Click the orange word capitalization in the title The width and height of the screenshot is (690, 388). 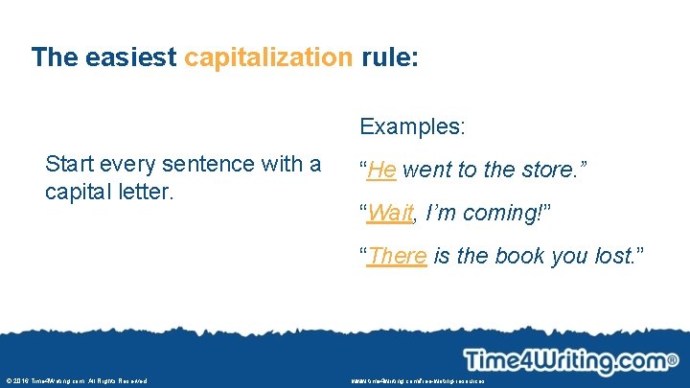pos(268,57)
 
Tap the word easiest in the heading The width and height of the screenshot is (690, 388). pos(130,57)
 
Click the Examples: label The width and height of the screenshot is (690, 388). pos(413,126)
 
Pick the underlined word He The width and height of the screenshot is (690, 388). pos(381,171)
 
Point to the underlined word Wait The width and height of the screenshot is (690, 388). pos(390,213)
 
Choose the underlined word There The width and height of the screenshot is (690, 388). pos(397,256)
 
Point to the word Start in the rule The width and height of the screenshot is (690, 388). pos(70,164)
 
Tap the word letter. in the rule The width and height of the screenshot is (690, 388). pos(148,192)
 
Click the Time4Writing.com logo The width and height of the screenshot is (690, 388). pos(564,361)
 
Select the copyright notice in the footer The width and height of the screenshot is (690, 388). pos(76,381)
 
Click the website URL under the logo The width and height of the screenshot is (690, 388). pos(418,381)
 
